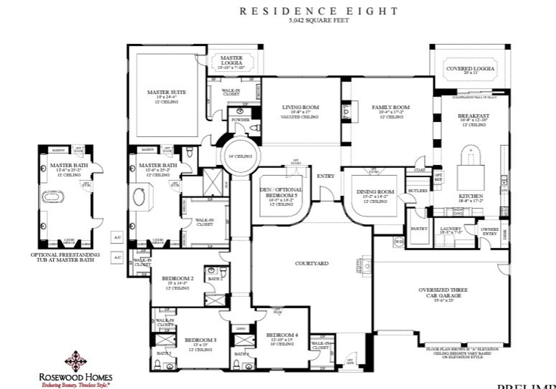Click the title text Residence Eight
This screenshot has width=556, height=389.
[x=319, y=11]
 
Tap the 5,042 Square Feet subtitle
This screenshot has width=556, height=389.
[x=319, y=20]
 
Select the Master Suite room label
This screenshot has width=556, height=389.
[x=166, y=92]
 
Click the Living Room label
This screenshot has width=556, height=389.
[x=301, y=107]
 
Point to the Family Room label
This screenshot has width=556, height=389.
[x=391, y=107]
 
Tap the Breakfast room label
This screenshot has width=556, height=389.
[x=473, y=116]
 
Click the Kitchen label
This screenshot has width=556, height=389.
[x=471, y=196]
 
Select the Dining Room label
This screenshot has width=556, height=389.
[x=375, y=192]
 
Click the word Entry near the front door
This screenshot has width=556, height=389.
[x=326, y=176]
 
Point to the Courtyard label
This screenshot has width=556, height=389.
[x=311, y=263]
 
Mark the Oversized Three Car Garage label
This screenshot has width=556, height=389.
[x=440, y=293]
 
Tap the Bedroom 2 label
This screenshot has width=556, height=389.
[x=178, y=278]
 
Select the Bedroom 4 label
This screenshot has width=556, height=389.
[x=282, y=335]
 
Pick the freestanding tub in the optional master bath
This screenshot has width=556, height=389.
[x=53, y=197]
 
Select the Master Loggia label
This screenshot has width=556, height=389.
[x=231, y=60]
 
